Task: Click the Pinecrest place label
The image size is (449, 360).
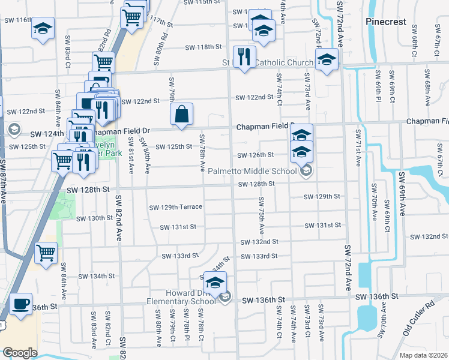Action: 386,22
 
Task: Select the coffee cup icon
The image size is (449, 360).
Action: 22,304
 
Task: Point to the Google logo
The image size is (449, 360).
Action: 20,353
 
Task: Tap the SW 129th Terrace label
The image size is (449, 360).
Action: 175,207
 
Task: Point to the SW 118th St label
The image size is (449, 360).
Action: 203,47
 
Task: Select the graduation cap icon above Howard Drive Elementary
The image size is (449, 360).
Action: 215,281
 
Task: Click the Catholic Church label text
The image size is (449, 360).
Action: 284,62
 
